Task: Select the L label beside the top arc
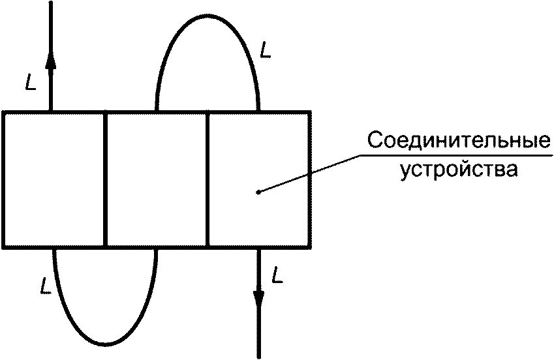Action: coord(265,49)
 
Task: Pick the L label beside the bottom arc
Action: coord(44,285)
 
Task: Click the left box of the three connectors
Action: coord(54,180)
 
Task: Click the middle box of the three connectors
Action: coord(157,180)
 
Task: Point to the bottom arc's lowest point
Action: coord(104,344)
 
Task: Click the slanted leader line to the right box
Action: coord(307,175)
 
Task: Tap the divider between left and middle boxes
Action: coord(105,180)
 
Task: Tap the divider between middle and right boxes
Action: coord(208,180)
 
